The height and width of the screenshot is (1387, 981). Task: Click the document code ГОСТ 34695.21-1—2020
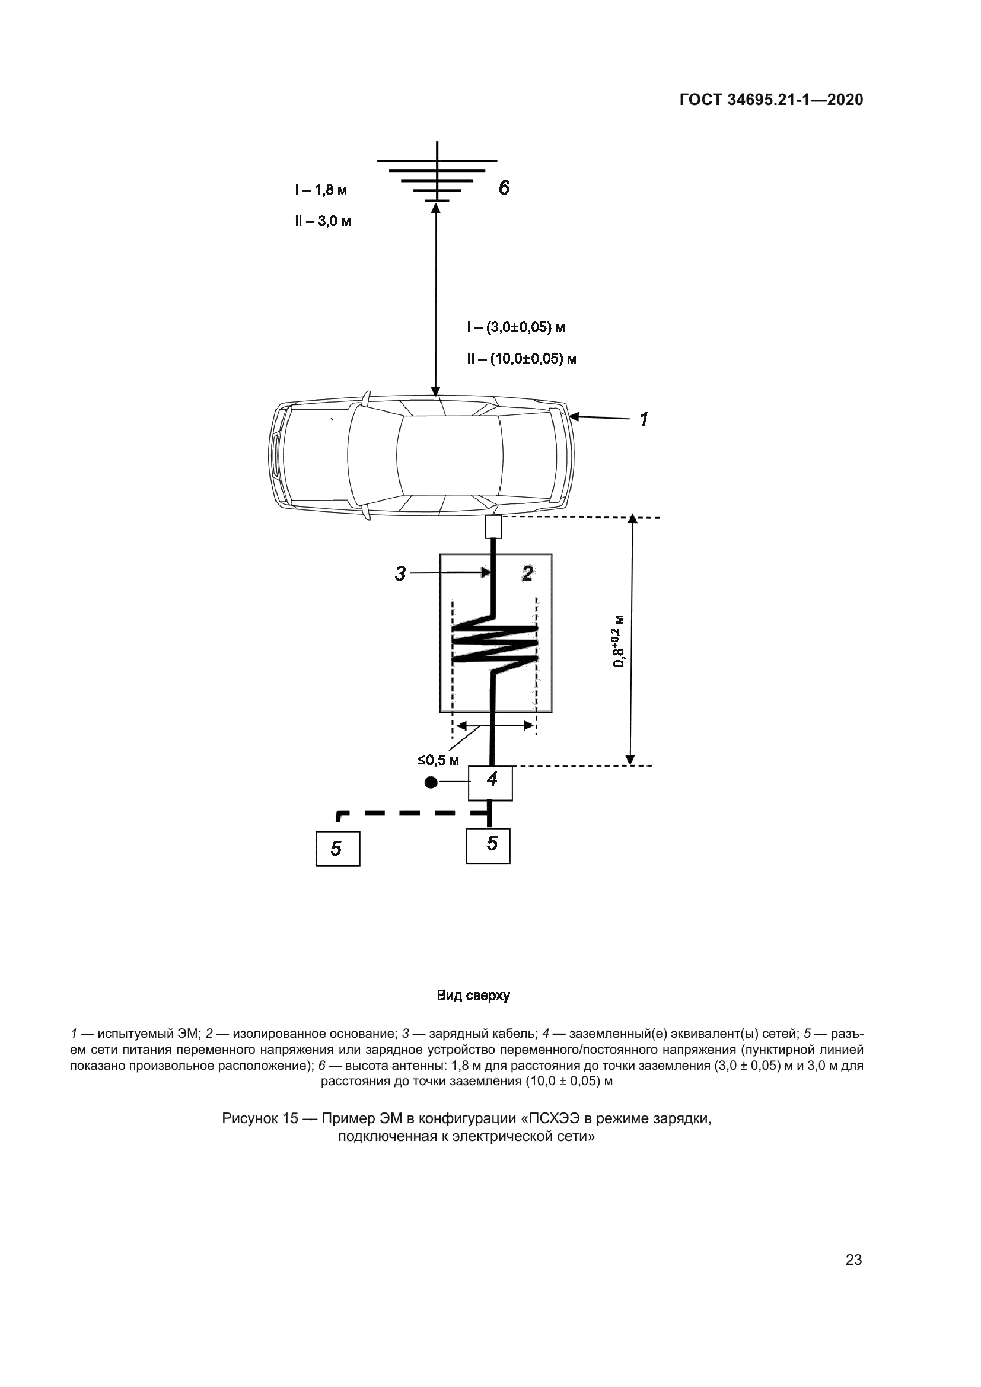[772, 100]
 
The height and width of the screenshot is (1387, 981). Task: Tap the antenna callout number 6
[504, 188]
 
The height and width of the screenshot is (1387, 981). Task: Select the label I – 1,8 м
[321, 190]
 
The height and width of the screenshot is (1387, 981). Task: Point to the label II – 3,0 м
[323, 221]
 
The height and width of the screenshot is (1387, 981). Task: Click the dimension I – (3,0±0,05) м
[516, 328]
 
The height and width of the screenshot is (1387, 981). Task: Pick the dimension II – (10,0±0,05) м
[521, 359]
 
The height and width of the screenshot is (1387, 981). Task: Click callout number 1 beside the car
[644, 419]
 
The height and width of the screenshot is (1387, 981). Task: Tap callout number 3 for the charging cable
[400, 573]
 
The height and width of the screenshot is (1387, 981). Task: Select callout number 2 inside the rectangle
[527, 573]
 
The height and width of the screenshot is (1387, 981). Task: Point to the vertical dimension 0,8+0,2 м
[618, 641]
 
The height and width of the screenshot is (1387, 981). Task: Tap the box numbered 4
[491, 783]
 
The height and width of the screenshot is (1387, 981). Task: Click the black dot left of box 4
[431, 783]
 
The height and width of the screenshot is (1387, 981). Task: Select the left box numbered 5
[337, 849]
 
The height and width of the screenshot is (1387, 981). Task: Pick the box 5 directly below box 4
[488, 845]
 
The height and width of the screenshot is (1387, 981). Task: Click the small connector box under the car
[493, 527]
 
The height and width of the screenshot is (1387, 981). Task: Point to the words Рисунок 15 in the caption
[260, 1119]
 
